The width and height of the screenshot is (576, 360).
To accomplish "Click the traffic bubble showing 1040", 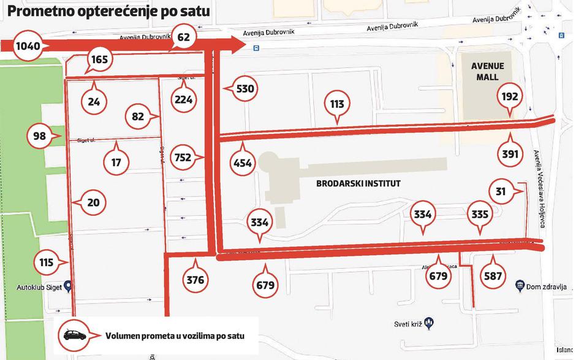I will point(27,46).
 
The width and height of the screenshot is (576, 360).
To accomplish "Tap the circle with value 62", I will point(184,37).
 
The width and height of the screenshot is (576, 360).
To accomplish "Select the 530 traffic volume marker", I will point(244,89).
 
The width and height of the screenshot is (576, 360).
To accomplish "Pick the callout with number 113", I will point(337,104).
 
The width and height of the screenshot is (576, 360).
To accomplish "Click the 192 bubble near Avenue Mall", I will point(510,96).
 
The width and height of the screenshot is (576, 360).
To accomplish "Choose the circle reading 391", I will point(510,153).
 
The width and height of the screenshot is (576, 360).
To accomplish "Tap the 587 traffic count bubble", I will point(493,276).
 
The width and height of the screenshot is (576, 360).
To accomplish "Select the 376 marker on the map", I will point(195,280).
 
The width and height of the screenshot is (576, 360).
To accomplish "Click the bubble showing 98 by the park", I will point(40,136).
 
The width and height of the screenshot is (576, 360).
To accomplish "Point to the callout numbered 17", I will point(116,163).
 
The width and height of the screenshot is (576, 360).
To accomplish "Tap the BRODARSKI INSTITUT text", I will point(358,183).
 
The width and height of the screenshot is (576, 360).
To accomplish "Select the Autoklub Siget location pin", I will point(68,286).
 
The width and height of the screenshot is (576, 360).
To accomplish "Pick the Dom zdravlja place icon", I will point(520,285).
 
